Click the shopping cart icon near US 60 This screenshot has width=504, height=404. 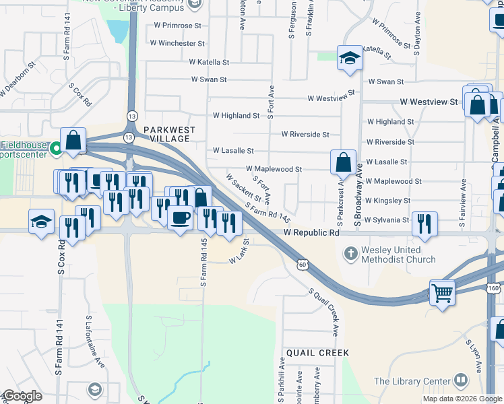click(442, 292)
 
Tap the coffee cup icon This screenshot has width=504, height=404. click(180, 218)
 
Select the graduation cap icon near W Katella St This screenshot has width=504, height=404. click(350, 59)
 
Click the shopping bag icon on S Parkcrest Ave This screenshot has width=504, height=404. click(343, 162)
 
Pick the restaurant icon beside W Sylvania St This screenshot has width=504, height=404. click(424, 224)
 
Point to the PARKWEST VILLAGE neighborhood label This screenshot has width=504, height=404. click(169, 134)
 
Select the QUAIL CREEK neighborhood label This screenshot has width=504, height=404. click(317, 353)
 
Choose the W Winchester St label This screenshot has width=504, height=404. click(177, 43)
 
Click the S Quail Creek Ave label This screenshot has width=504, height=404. click(323, 313)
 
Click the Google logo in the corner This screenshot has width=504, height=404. click(22, 396)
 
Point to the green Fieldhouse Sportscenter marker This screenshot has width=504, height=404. click(57, 148)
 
